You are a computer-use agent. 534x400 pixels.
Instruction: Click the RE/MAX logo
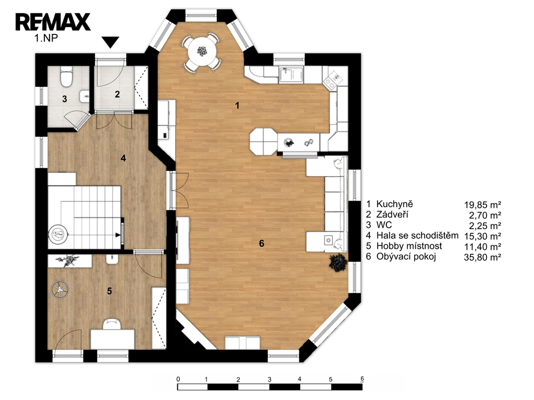(x=53, y=22)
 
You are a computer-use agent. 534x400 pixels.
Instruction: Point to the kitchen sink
(x=291, y=75)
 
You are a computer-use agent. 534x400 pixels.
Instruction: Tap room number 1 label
(x=237, y=106)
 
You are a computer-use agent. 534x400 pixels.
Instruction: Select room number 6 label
(x=262, y=243)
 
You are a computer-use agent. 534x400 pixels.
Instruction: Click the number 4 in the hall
(x=123, y=158)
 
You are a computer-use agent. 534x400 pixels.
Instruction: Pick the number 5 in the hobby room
(x=110, y=291)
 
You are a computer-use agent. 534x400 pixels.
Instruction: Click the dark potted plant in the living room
(x=338, y=262)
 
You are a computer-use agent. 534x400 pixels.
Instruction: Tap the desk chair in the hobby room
(x=112, y=324)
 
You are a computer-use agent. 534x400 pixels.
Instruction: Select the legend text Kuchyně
(x=394, y=204)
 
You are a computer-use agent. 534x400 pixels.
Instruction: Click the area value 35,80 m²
(x=482, y=257)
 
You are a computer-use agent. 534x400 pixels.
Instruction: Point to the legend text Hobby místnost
(x=409, y=246)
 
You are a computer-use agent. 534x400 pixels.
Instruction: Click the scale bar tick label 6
(x=362, y=379)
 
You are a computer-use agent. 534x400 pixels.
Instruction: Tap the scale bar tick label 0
(x=178, y=379)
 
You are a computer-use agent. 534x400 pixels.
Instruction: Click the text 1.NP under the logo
(x=46, y=37)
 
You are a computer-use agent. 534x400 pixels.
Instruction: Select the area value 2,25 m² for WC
(x=485, y=226)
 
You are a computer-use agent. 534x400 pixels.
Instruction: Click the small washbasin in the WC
(x=84, y=96)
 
